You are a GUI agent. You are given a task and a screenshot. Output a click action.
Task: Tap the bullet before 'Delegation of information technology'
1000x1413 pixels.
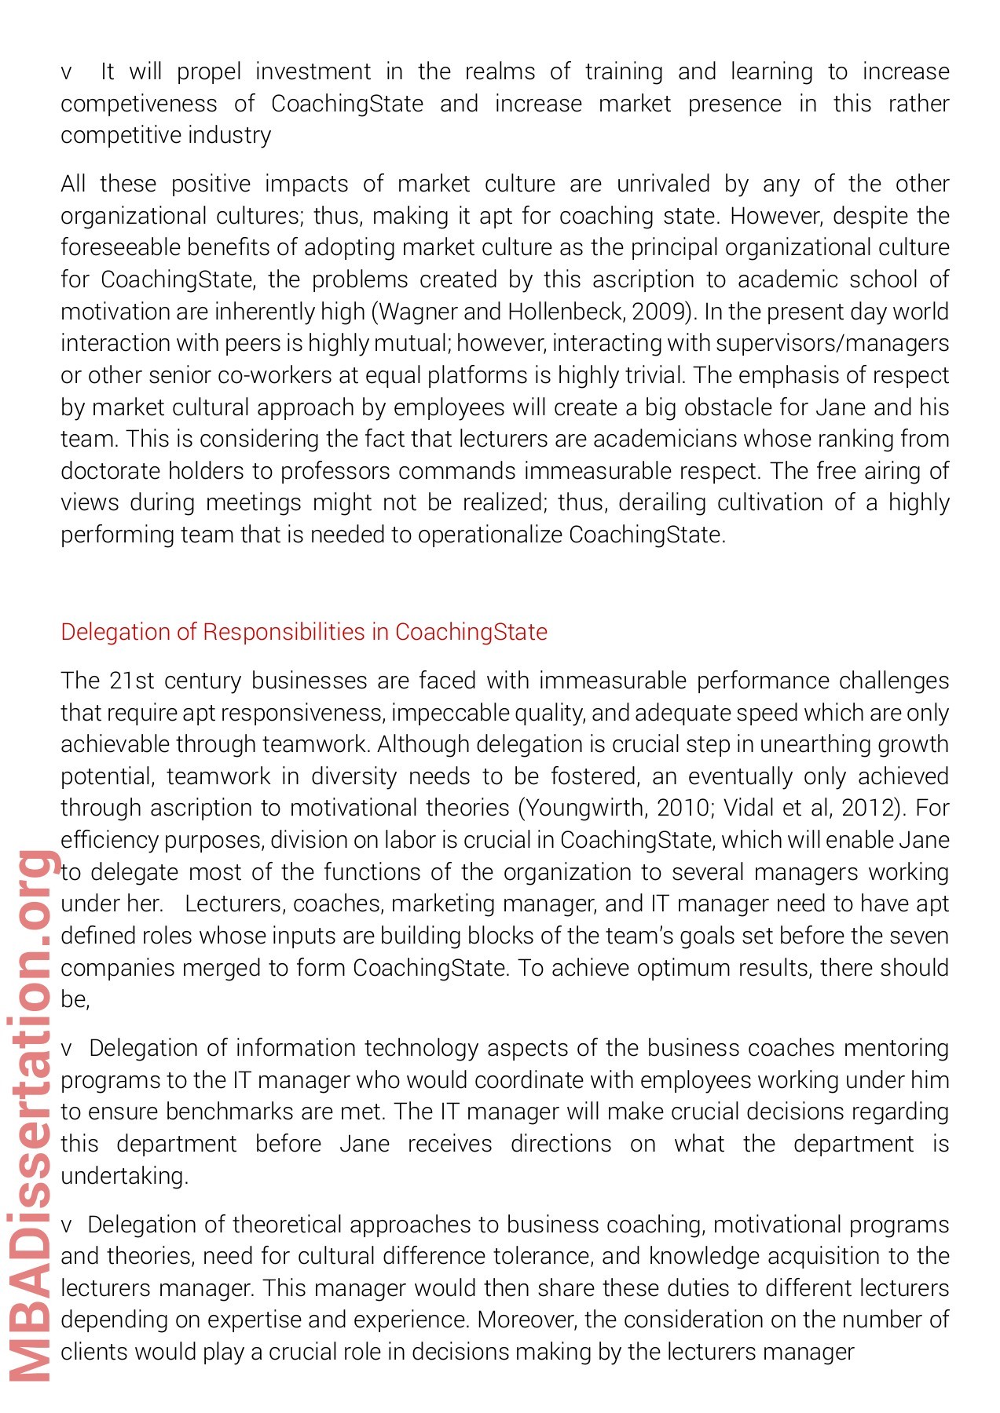[66, 1049]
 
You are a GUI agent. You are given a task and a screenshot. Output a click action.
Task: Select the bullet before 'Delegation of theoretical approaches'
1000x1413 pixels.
[66, 1225]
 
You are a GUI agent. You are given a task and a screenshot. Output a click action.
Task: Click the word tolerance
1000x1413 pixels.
[543, 1256]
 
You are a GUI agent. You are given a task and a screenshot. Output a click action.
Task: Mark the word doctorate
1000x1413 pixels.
[110, 471]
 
